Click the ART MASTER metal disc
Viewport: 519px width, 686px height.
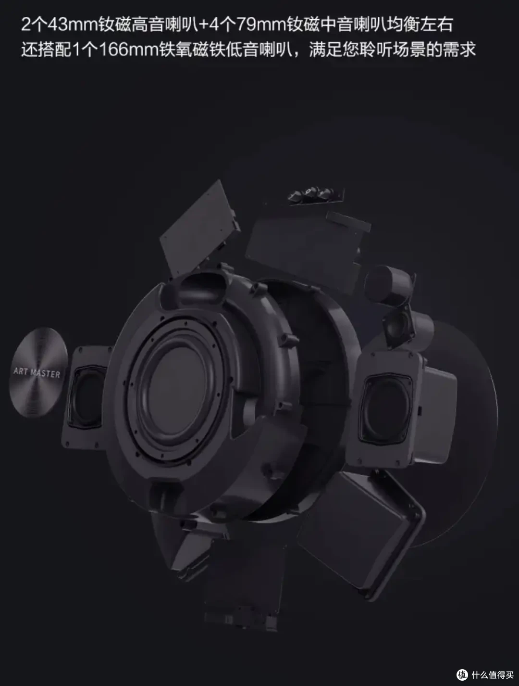coord(38,372)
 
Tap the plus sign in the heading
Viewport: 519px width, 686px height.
coord(203,25)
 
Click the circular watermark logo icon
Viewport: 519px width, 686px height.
coord(462,675)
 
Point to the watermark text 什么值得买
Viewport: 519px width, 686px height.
coord(493,675)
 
